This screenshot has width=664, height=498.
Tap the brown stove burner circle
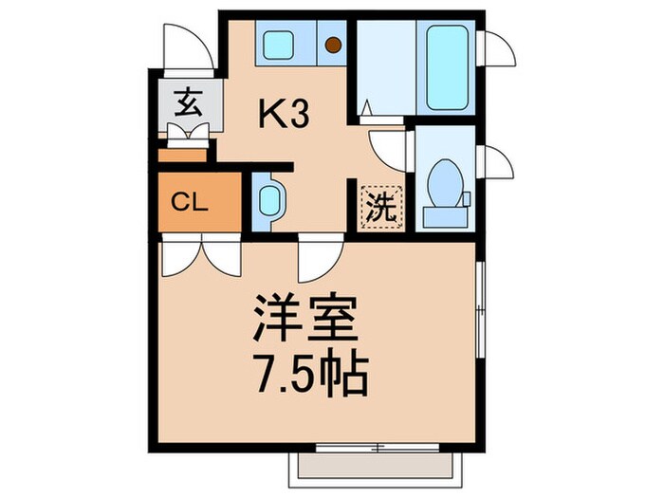[333, 44]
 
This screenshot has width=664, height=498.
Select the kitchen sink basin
[280, 44]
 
